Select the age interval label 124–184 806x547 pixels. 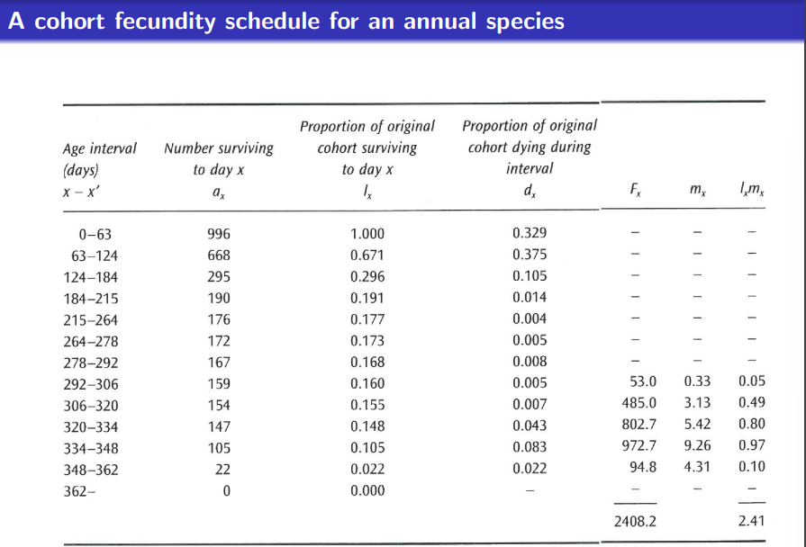pos(95,277)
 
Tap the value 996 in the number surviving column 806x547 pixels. pos(219,234)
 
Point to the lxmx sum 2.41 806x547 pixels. pos(750,520)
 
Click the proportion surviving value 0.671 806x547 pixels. pos(367,256)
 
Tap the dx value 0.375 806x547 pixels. pos(529,255)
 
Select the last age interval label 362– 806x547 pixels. pos(79,490)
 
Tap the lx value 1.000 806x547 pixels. pos(367,234)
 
